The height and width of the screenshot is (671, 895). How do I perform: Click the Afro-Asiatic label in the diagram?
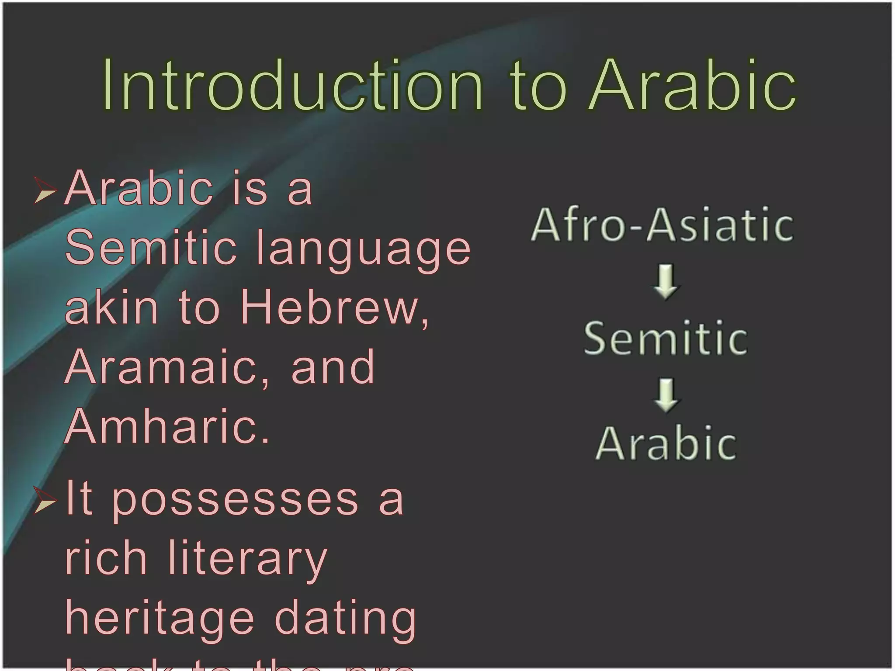(x=662, y=225)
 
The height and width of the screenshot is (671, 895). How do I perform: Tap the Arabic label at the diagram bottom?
(x=665, y=443)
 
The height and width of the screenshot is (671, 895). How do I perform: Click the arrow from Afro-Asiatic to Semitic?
(x=666, y=281)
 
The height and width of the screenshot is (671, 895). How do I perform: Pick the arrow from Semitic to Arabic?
(x=666, y=394)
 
